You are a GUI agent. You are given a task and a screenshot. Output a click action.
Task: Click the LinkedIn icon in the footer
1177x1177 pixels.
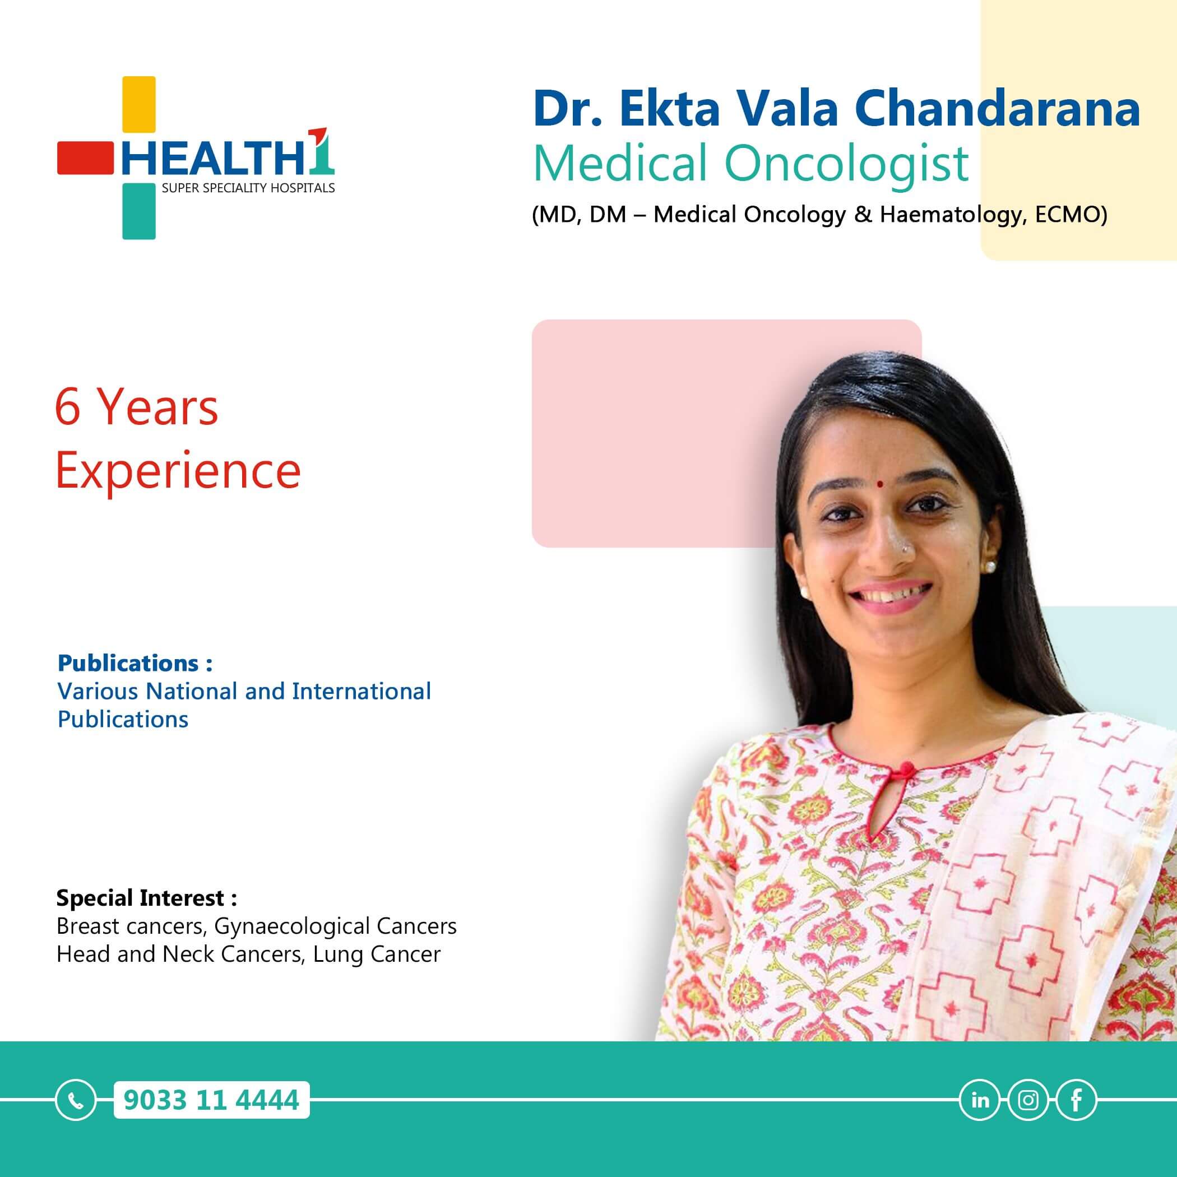(980, 1100)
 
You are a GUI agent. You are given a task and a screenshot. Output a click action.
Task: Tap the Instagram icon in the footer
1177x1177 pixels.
(1028, 1100)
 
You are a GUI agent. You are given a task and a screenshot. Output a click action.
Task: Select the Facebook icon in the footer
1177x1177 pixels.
(1077, 1100)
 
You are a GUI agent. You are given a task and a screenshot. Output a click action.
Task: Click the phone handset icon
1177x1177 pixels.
(76, 1100)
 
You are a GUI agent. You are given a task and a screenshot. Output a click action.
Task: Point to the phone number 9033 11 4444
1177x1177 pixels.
(211, 1100)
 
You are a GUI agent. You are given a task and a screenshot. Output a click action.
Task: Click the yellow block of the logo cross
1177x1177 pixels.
(139, 104)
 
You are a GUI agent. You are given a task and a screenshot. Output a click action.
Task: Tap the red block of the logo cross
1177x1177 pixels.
(85, 159)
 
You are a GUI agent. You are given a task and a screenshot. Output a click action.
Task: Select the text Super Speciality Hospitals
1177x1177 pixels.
(248, 188)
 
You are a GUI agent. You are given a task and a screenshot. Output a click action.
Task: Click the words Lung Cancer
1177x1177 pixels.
(377, 954)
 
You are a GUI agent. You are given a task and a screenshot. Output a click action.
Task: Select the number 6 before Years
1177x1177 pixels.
(68, 407)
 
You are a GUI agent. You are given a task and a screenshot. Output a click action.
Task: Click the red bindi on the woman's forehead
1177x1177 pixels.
(881, 484)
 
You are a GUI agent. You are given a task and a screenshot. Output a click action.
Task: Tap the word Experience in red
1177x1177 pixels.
(178, 472)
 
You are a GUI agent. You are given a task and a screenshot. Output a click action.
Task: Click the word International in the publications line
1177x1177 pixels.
(362, 692)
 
